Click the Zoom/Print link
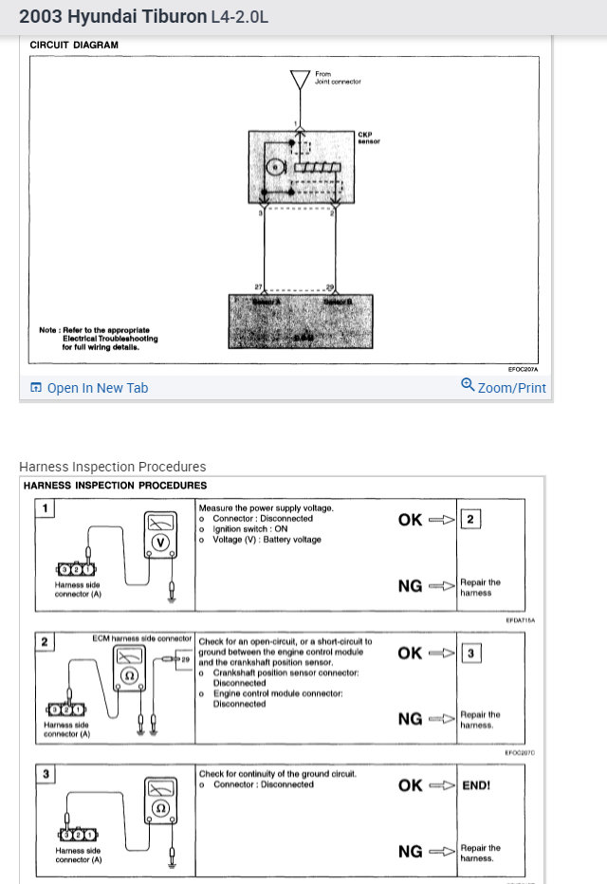tap(504, 387)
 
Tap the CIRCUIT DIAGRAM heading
tap(74, 45)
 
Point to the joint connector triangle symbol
tap(300, 79)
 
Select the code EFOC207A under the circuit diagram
tap(523, 369)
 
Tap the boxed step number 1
tap(44, 508)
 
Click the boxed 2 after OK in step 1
tap(470, 520)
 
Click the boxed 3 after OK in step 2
tap(470, 654)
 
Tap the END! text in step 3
tap(476, 786)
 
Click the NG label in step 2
tap(410, 719)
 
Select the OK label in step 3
tap(410, 785)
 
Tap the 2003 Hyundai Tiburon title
tap(113, 16)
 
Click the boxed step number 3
tap(44, 775)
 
